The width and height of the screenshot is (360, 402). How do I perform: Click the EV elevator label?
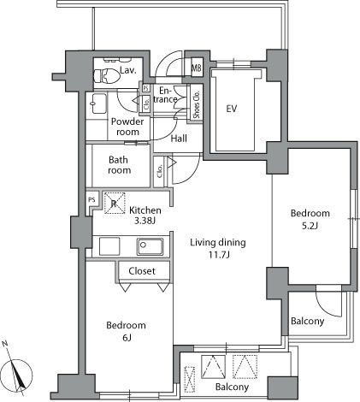pyautogui.click(x=231, y=109)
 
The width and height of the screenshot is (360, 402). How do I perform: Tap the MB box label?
pyautogui.click(x=196, y=68)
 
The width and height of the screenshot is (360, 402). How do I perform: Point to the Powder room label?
pyautogui.click(x=128, y=127)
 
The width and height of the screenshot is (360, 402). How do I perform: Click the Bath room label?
pyautogui.click(x=120, y=164)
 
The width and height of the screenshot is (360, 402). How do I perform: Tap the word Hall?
pyautogui.click(x=179, y=138)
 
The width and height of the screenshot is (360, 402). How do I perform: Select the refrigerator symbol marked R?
pyautogui.click(x=113, y=204)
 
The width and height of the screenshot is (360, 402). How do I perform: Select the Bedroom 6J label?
pyautogui.click(x=126, y=331)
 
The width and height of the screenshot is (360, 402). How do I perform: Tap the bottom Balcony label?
pyautogui.click(x=233, y=387)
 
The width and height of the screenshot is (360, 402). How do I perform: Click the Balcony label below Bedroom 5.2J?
pyautogui.click(x=307, y=322)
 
